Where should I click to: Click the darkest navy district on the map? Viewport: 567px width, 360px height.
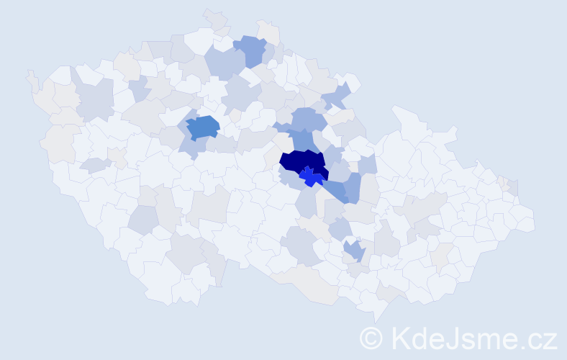(x=301, y=163)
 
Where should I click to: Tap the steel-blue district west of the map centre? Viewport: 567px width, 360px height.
(x=202, y=127)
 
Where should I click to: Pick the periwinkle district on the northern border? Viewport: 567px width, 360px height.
(x=250, y=50)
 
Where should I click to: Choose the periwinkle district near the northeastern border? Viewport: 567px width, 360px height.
(x=336, y=96)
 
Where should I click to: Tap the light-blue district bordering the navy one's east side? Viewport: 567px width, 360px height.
(x=333, y=156)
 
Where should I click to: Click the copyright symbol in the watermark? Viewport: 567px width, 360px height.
(x=372, y=338)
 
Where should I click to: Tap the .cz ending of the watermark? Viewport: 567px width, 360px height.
(x=540, y=338)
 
